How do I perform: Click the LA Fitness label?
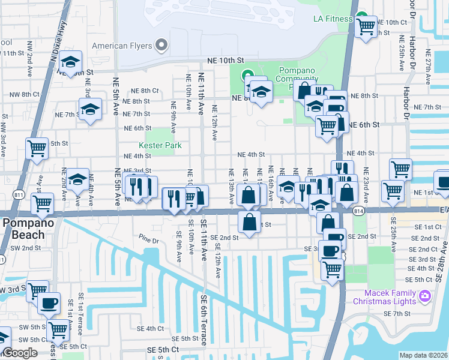[x=333, y=19]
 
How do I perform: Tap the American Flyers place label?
[x=122, y=46]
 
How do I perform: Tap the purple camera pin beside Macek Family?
[x=425, y=296]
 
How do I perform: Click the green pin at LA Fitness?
[x=361, y=17]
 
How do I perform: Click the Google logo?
[x=20, y=353]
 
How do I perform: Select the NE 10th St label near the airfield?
[x=226, y=61]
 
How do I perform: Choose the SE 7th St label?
[x=397, y=314]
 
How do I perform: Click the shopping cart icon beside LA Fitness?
[x=365, y=26]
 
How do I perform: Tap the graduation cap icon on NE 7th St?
[x=91, y=110]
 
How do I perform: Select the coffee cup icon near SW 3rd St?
[x=49, y=302]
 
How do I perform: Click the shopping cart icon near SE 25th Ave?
[x=393, y=190]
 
